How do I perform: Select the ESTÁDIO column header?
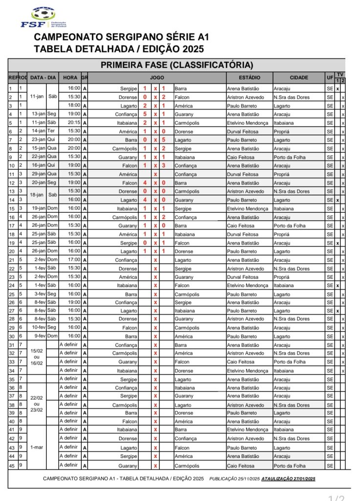coord(249,78)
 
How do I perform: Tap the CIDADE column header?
coord(299,78)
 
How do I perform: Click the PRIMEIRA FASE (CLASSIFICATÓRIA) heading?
coord(177,65)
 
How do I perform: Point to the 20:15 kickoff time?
coord(74,123)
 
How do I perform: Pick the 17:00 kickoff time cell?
coord(74,260)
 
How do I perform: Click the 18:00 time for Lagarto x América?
coord(74,106)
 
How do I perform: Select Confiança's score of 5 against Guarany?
coord(145,114)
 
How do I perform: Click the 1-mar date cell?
coord(37,447)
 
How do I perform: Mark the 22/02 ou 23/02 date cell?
coord(37,404)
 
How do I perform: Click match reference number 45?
coord(12,465)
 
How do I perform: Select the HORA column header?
coord(70,78)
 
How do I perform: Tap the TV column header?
coord(339,74)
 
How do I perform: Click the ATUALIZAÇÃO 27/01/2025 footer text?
coord(289,478)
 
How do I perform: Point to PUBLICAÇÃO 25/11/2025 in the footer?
coord(234,478)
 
